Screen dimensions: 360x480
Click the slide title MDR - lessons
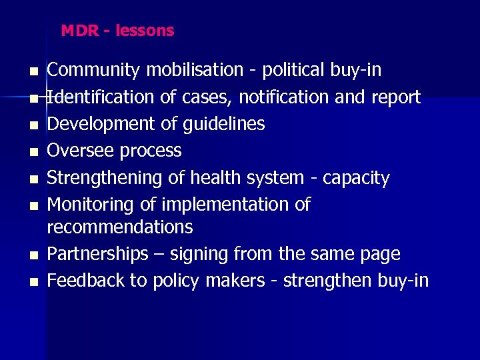[x=117, y=31]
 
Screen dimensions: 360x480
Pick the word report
[x=396, y=98]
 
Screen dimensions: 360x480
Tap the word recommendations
[x=120, y=227]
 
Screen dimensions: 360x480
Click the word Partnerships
[x=98, y=254]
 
